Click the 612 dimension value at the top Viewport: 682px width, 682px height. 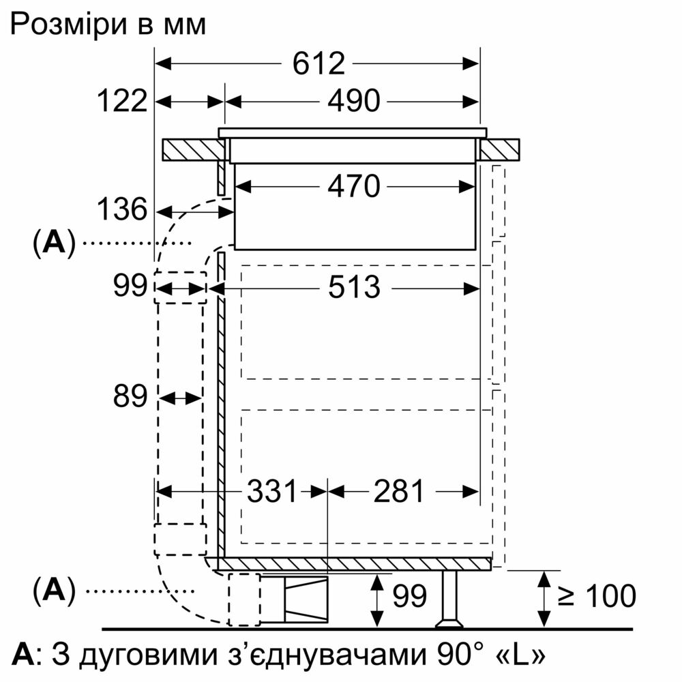(x=318, y=64)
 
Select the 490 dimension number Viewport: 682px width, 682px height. (x=353, y=102)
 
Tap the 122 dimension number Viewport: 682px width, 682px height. (x=122, y=101)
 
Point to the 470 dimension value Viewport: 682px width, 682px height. (x=353, y=187)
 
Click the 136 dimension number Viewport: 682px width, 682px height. (x=122, y=209)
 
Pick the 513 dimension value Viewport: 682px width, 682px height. (x=353, y=288)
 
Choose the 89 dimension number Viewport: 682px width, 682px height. (x=130, y=396)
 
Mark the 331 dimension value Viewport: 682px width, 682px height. (x=272, y=492)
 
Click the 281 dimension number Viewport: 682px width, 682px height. (x=398, y=492)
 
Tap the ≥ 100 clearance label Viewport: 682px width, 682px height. (x=597, y=595)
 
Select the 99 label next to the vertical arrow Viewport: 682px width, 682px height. (x=409, y=596)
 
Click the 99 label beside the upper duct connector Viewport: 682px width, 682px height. (x=130, y=286)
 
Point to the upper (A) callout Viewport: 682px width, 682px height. (x=55, y=243)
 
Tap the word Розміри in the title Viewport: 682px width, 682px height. (x=69, y=25)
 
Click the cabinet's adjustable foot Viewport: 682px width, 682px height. (x=449, y=599)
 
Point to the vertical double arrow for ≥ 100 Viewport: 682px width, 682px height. (x=544, y=599)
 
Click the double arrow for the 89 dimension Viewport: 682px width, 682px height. (x=180, y=398)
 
